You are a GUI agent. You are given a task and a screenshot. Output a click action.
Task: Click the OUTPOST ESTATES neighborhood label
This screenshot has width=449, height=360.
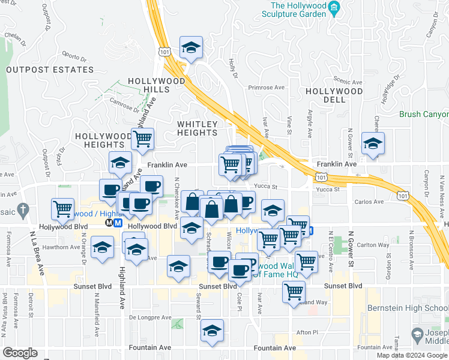pyautogui.click(x=50, y=70)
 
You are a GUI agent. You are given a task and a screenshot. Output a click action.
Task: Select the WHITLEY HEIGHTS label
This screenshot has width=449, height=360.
pyautogui.click(x=197, y=128)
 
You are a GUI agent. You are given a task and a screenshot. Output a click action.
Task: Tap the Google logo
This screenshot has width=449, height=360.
pyautogui.click(x=20, y=353)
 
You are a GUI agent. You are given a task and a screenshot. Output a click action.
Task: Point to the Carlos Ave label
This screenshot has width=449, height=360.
pyautogui.click(x=369, y=203)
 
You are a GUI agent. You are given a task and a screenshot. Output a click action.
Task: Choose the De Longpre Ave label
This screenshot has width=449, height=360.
pyautogui.click(x=150, y=317)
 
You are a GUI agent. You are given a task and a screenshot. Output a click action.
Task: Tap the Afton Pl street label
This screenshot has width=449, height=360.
pyautogui.click(x=307, y=332)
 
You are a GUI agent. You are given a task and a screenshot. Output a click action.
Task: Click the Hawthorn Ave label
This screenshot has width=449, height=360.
pyautogui.click(x=62, y=247)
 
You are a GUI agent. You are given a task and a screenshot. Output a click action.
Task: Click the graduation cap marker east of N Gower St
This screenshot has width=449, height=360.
pyautogui.click(x=373, y=145)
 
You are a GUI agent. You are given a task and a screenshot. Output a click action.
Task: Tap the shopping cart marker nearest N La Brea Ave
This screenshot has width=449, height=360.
pyautogui.click(x=62, y=209)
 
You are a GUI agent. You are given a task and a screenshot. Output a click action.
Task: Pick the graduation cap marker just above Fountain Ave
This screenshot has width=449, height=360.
pyautogui.click(x=212, y=331)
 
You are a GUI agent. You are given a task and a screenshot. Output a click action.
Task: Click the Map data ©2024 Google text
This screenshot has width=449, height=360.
pyautogui.click(x=411, y=355)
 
